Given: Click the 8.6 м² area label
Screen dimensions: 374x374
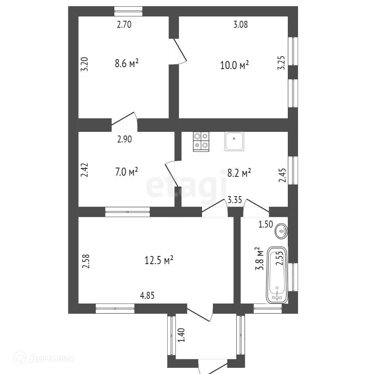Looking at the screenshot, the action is click(126, 64).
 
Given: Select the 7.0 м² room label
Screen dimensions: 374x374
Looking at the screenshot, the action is click(126, 171).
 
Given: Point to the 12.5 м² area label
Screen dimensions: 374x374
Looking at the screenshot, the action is click(158, 261).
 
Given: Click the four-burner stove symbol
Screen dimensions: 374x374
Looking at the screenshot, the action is click(201, 141).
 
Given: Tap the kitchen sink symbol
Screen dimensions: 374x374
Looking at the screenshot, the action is click(234, 141).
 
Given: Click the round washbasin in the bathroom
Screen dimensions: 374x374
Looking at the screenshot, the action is click(282, 231).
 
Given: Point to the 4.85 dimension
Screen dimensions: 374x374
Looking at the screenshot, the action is click(147, 295).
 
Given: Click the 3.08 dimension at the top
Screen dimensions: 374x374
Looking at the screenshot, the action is click(240, 25).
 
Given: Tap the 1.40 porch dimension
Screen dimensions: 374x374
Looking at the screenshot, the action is click(182, 336).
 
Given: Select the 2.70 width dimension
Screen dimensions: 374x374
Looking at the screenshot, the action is click(124, 25).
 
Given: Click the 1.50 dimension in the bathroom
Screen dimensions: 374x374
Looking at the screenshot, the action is click(266, 225).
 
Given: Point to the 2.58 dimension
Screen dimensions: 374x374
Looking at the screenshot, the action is click(86, 262).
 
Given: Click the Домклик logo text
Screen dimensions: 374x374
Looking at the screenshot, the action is click(51, 358).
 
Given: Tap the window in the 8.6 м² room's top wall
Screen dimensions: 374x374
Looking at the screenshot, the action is click(128, 11).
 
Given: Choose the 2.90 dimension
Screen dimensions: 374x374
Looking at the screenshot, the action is click(124, 139).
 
